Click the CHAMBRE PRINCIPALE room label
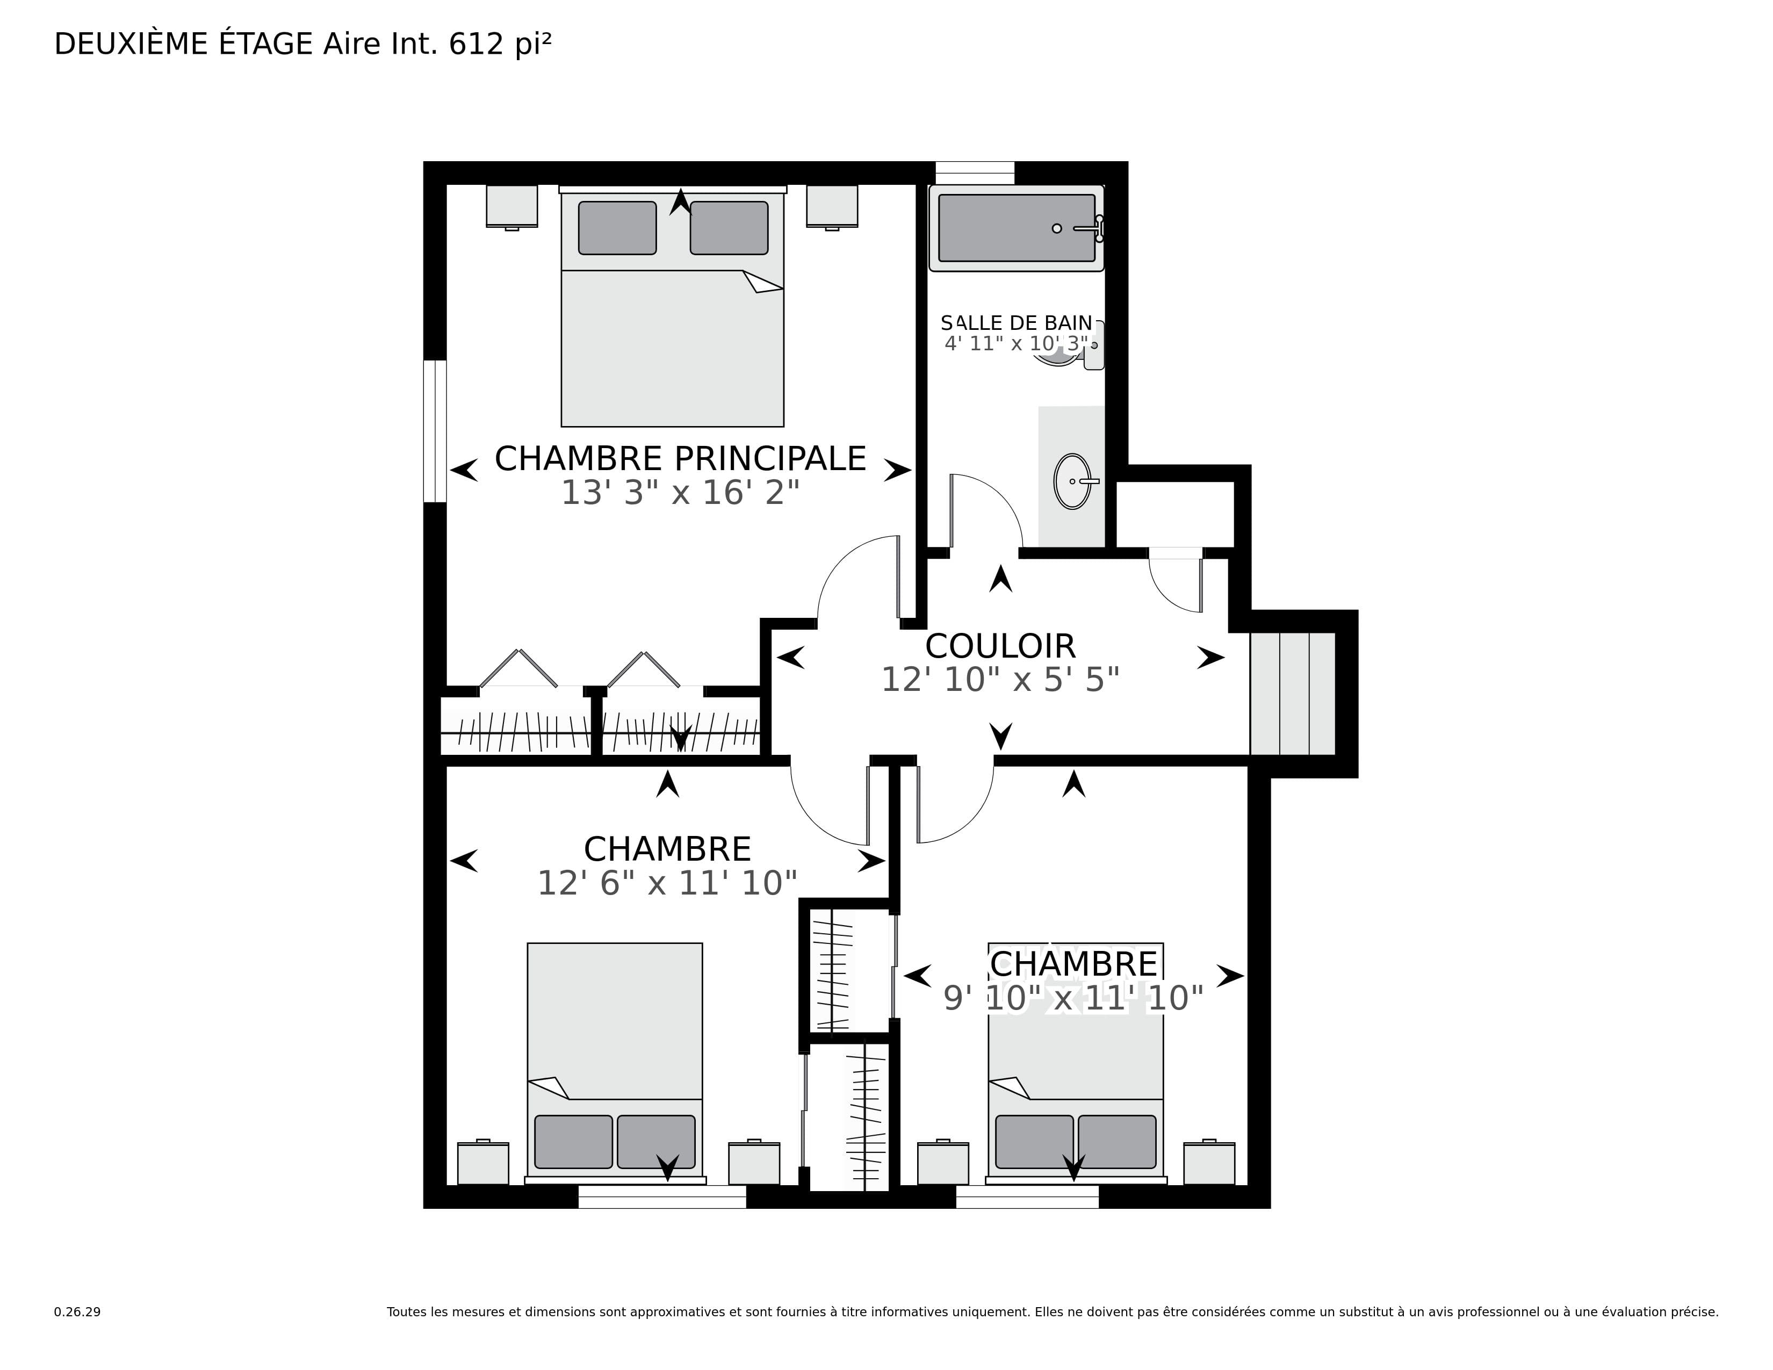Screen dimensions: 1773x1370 (680, 459)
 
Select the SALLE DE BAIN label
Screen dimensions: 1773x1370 (1017, 323)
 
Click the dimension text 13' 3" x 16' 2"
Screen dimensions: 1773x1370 (680, 493)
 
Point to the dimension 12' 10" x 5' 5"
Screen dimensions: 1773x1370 (1000, 680)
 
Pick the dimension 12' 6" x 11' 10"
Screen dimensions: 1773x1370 (667, 883)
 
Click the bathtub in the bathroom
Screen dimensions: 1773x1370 (1017, 228)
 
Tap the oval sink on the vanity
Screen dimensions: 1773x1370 (1072, 481)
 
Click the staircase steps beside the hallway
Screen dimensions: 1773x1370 (1292, 694)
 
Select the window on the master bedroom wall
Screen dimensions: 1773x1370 (435, 431)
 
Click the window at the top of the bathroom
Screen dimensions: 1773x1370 (975, 173)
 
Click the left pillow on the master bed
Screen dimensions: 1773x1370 (617, 228)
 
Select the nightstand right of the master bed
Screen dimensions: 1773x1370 (832, 207)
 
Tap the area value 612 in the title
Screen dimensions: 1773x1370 (477, 45)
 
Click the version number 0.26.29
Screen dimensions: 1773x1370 (77, 1311)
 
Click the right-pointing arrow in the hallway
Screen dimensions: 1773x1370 (1211, 658)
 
